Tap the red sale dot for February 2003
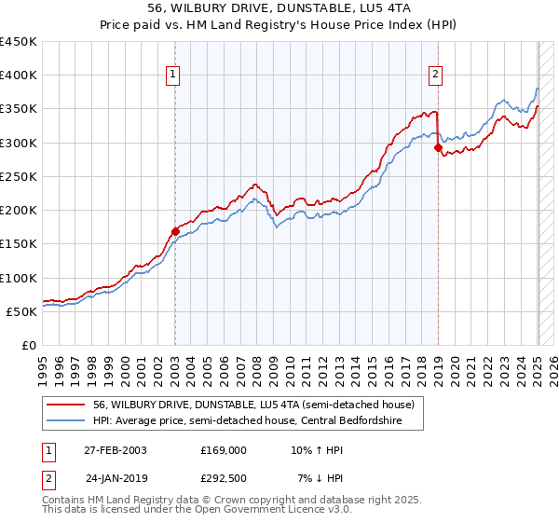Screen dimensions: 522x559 (x=175, y=231)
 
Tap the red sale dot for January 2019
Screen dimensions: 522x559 (x=438, y=148)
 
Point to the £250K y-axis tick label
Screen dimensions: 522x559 (x=18, y=176)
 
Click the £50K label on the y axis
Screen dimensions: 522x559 (x=21, y=311)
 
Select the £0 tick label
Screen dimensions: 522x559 (x=29, y=345)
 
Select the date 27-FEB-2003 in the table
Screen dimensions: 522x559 (x=116, y=450)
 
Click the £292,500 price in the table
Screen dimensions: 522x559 (x=224, y=478)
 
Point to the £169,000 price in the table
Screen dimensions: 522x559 (x=224, y=450)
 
